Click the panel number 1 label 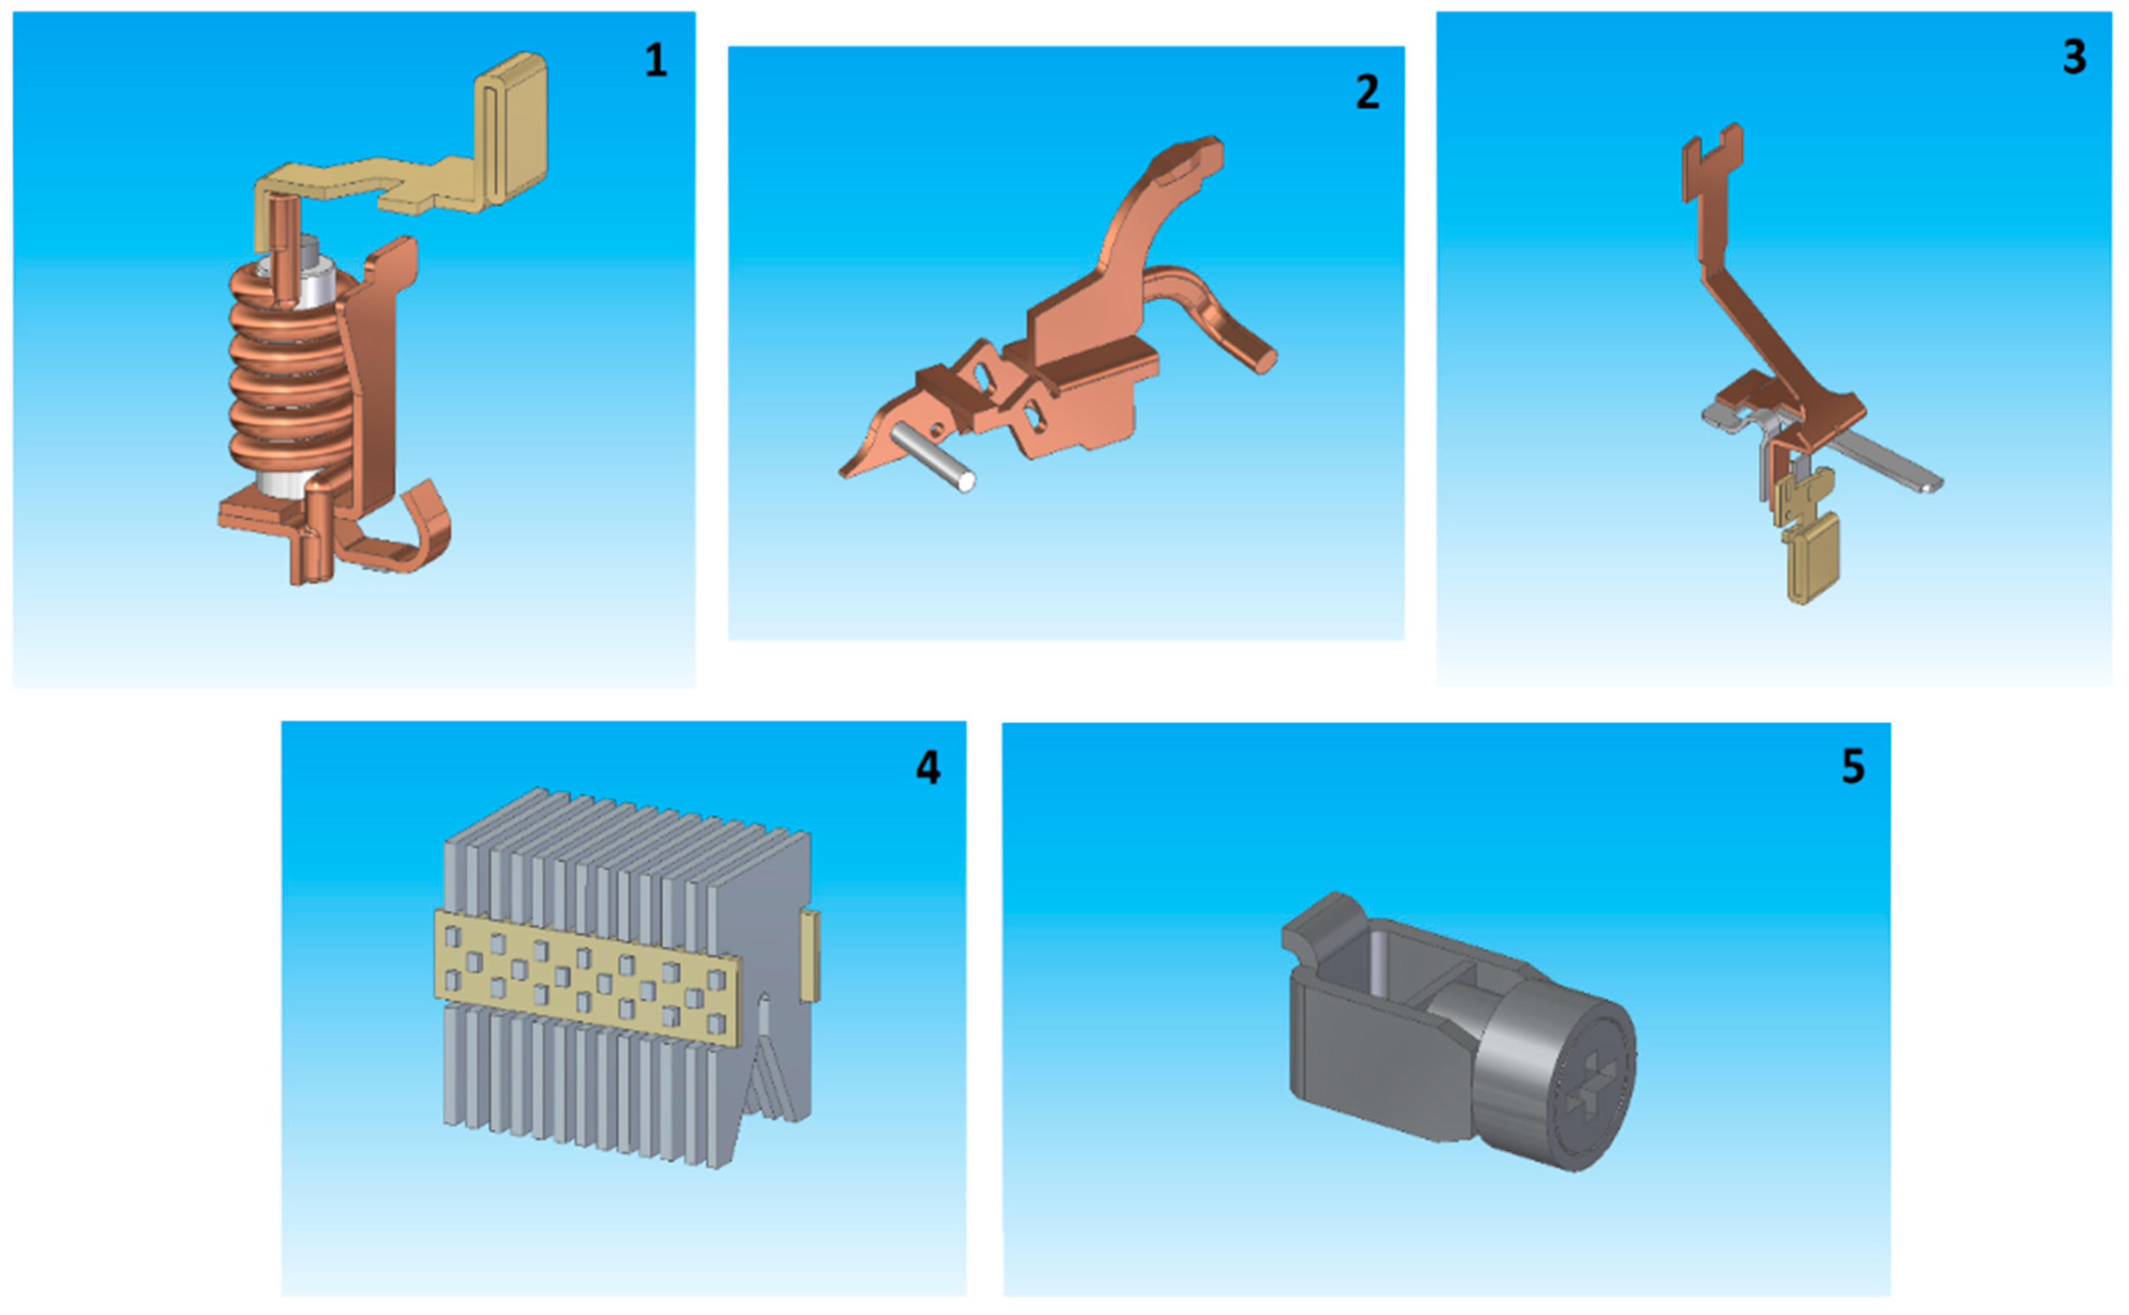pyautogui.click(x=656, y=60)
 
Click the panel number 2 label pyautogui.click(x=1367, y=92)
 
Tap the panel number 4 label pyautogui.click(x=928, y=767)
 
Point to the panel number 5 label pyautogui.click(x=1853, y=766)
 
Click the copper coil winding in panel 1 pyautogui.click(x=287, y=374)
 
